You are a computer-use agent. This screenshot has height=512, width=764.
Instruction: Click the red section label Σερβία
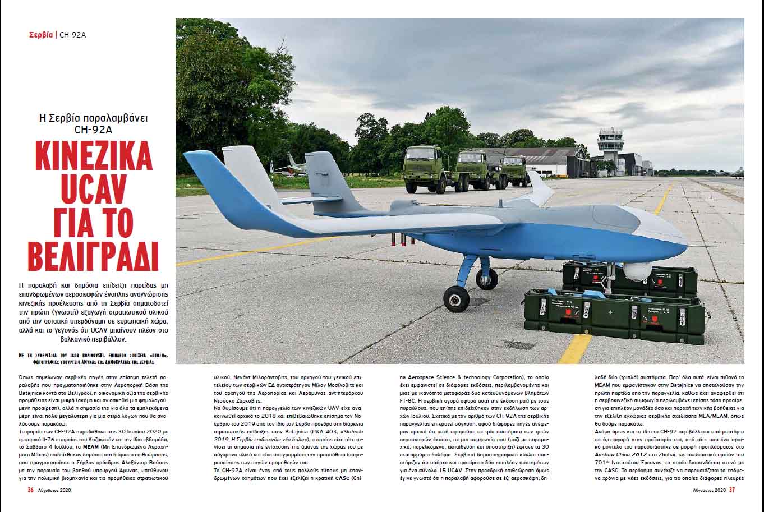41,35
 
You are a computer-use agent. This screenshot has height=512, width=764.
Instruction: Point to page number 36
31,489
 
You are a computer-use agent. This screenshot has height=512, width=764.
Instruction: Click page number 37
732,490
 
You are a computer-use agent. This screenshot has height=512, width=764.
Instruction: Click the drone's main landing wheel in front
456,298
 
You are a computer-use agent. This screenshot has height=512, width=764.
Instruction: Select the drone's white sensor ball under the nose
637,271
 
